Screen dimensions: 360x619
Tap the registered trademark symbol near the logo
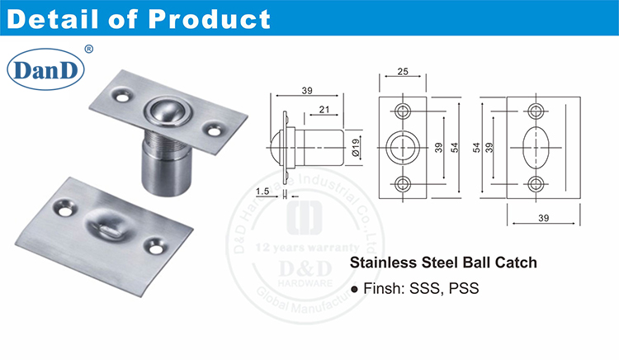pos(89,50)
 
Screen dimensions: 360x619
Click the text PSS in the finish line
pos(464,290)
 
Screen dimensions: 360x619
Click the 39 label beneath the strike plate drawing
pos(541,220)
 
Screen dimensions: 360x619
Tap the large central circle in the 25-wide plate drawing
pos(404,147)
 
